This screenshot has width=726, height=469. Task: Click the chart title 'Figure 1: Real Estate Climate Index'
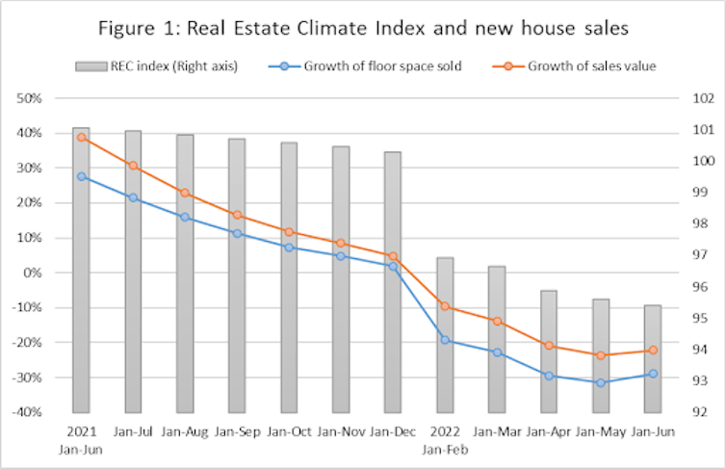(x=363, y=29)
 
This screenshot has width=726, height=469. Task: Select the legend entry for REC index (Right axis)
(x=169, y=66)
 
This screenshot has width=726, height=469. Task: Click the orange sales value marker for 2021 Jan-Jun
(x=81, y=138)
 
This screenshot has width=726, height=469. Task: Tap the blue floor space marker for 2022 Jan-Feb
(x=445, y=340)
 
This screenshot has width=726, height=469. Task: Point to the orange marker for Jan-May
(x=601, y=355)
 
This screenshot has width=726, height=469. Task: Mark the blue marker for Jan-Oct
(x=289, y=248)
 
